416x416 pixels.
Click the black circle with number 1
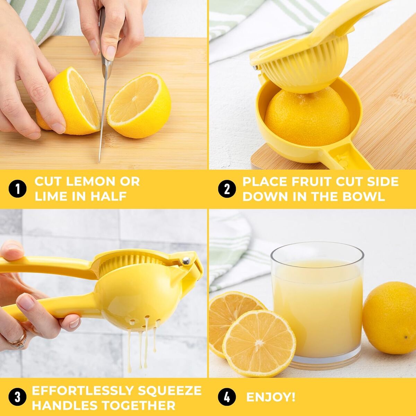click(x=18, y=189)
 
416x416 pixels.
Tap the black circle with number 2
click(x=227, y=189)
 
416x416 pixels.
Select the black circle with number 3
click(x=18, y=397)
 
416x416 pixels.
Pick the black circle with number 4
click(x=227, y=397)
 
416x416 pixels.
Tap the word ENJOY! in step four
click(x=271, y=397)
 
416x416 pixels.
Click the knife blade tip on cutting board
click(x=99, y=162)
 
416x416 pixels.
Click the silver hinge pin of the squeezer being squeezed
click(x=186, y=261)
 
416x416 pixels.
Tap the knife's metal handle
click(x=106, y=43)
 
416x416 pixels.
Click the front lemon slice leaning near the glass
click(x=259, y=344)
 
